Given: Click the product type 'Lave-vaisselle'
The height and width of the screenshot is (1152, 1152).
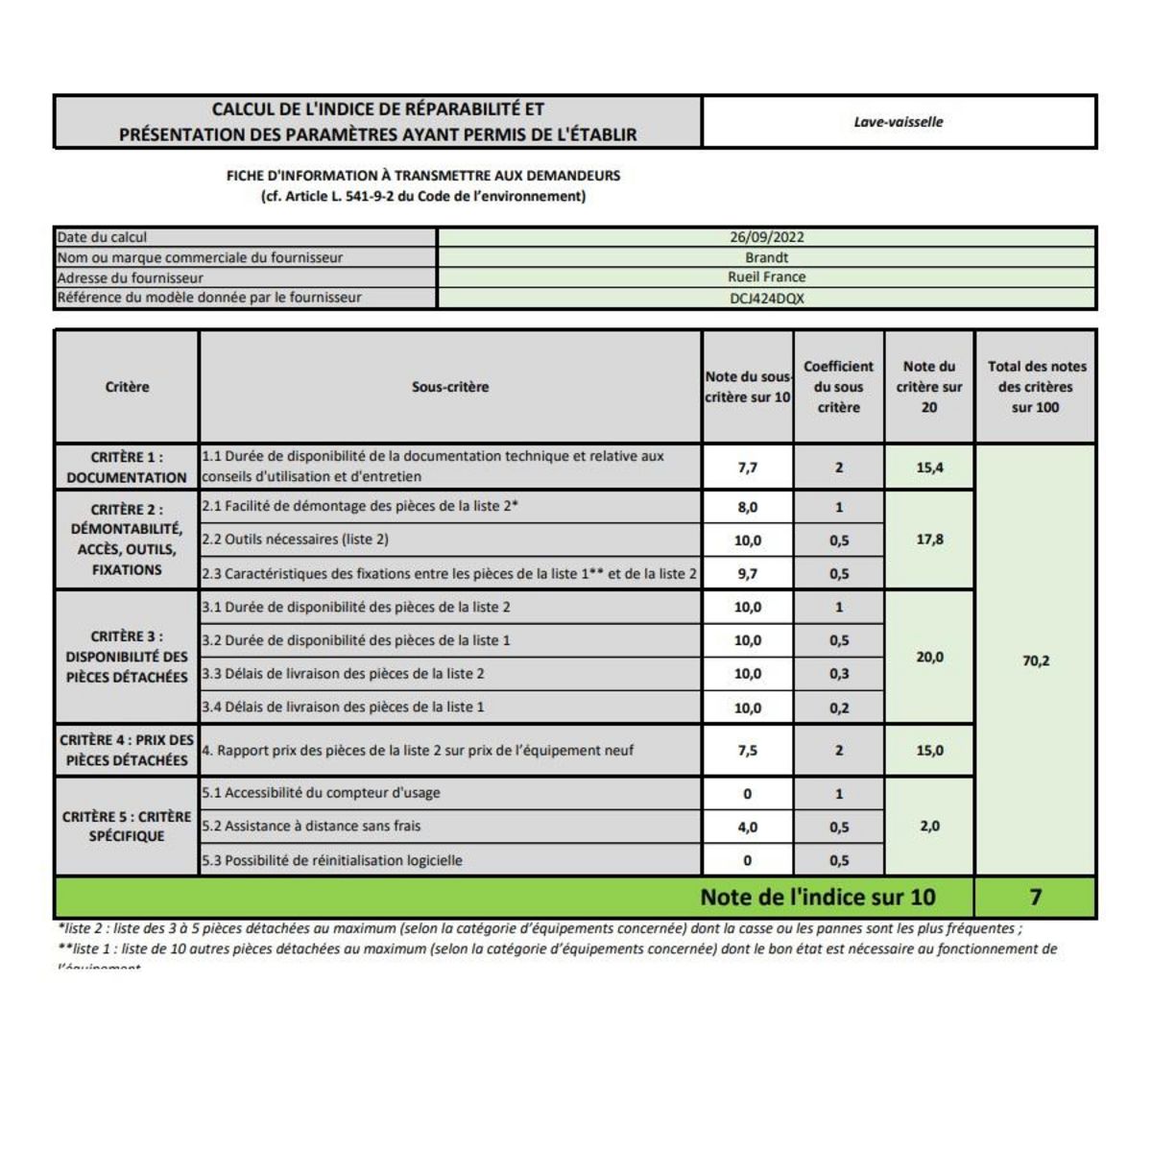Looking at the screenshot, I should coord(899,122).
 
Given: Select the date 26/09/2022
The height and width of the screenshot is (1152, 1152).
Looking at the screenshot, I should coord(766,237).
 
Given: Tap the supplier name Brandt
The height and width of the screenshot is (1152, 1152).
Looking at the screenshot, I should coord(766,257).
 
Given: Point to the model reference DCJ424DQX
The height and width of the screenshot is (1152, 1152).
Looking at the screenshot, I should coord(766,299).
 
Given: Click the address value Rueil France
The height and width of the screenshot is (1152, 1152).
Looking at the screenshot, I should coord(766,277).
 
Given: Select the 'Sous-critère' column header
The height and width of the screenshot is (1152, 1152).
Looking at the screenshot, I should coord(450,387).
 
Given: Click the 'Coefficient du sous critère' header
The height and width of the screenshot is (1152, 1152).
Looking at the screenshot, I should coord(838,387).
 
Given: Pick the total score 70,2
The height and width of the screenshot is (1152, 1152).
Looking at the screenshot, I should coord(1036,660).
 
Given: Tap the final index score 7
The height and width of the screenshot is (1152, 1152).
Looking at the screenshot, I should coord(1035,897).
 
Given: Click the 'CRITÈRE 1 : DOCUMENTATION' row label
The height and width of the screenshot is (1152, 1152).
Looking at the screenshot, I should coord(127,468).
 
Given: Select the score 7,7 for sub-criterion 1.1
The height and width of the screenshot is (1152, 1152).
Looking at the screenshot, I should coord(747,468).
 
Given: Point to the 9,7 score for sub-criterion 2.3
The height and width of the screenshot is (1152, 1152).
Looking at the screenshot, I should coord(747,574).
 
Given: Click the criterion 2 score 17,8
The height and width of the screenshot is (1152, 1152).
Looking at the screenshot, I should coord(929,540).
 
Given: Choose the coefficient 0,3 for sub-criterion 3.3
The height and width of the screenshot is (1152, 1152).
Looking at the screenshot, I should coord(838,674).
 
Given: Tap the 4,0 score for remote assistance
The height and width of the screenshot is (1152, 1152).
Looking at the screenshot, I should coord(747,827).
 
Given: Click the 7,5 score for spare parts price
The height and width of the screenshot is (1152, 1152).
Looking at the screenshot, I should coord(747,751).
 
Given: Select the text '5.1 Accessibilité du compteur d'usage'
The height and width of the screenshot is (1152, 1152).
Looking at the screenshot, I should coord(321,793).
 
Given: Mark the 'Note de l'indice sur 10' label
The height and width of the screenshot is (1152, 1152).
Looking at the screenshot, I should coord(817,897).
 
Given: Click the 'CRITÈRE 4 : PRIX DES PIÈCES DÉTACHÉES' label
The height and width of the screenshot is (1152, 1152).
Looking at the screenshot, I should coord(127,750).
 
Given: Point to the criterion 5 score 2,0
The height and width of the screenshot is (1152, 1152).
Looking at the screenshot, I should coord(929,826).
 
